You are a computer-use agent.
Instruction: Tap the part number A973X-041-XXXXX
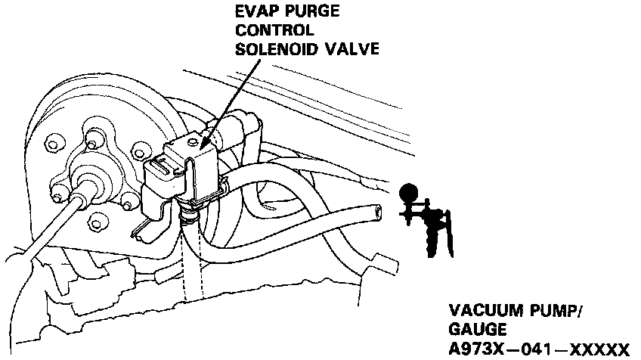coord(538,348)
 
